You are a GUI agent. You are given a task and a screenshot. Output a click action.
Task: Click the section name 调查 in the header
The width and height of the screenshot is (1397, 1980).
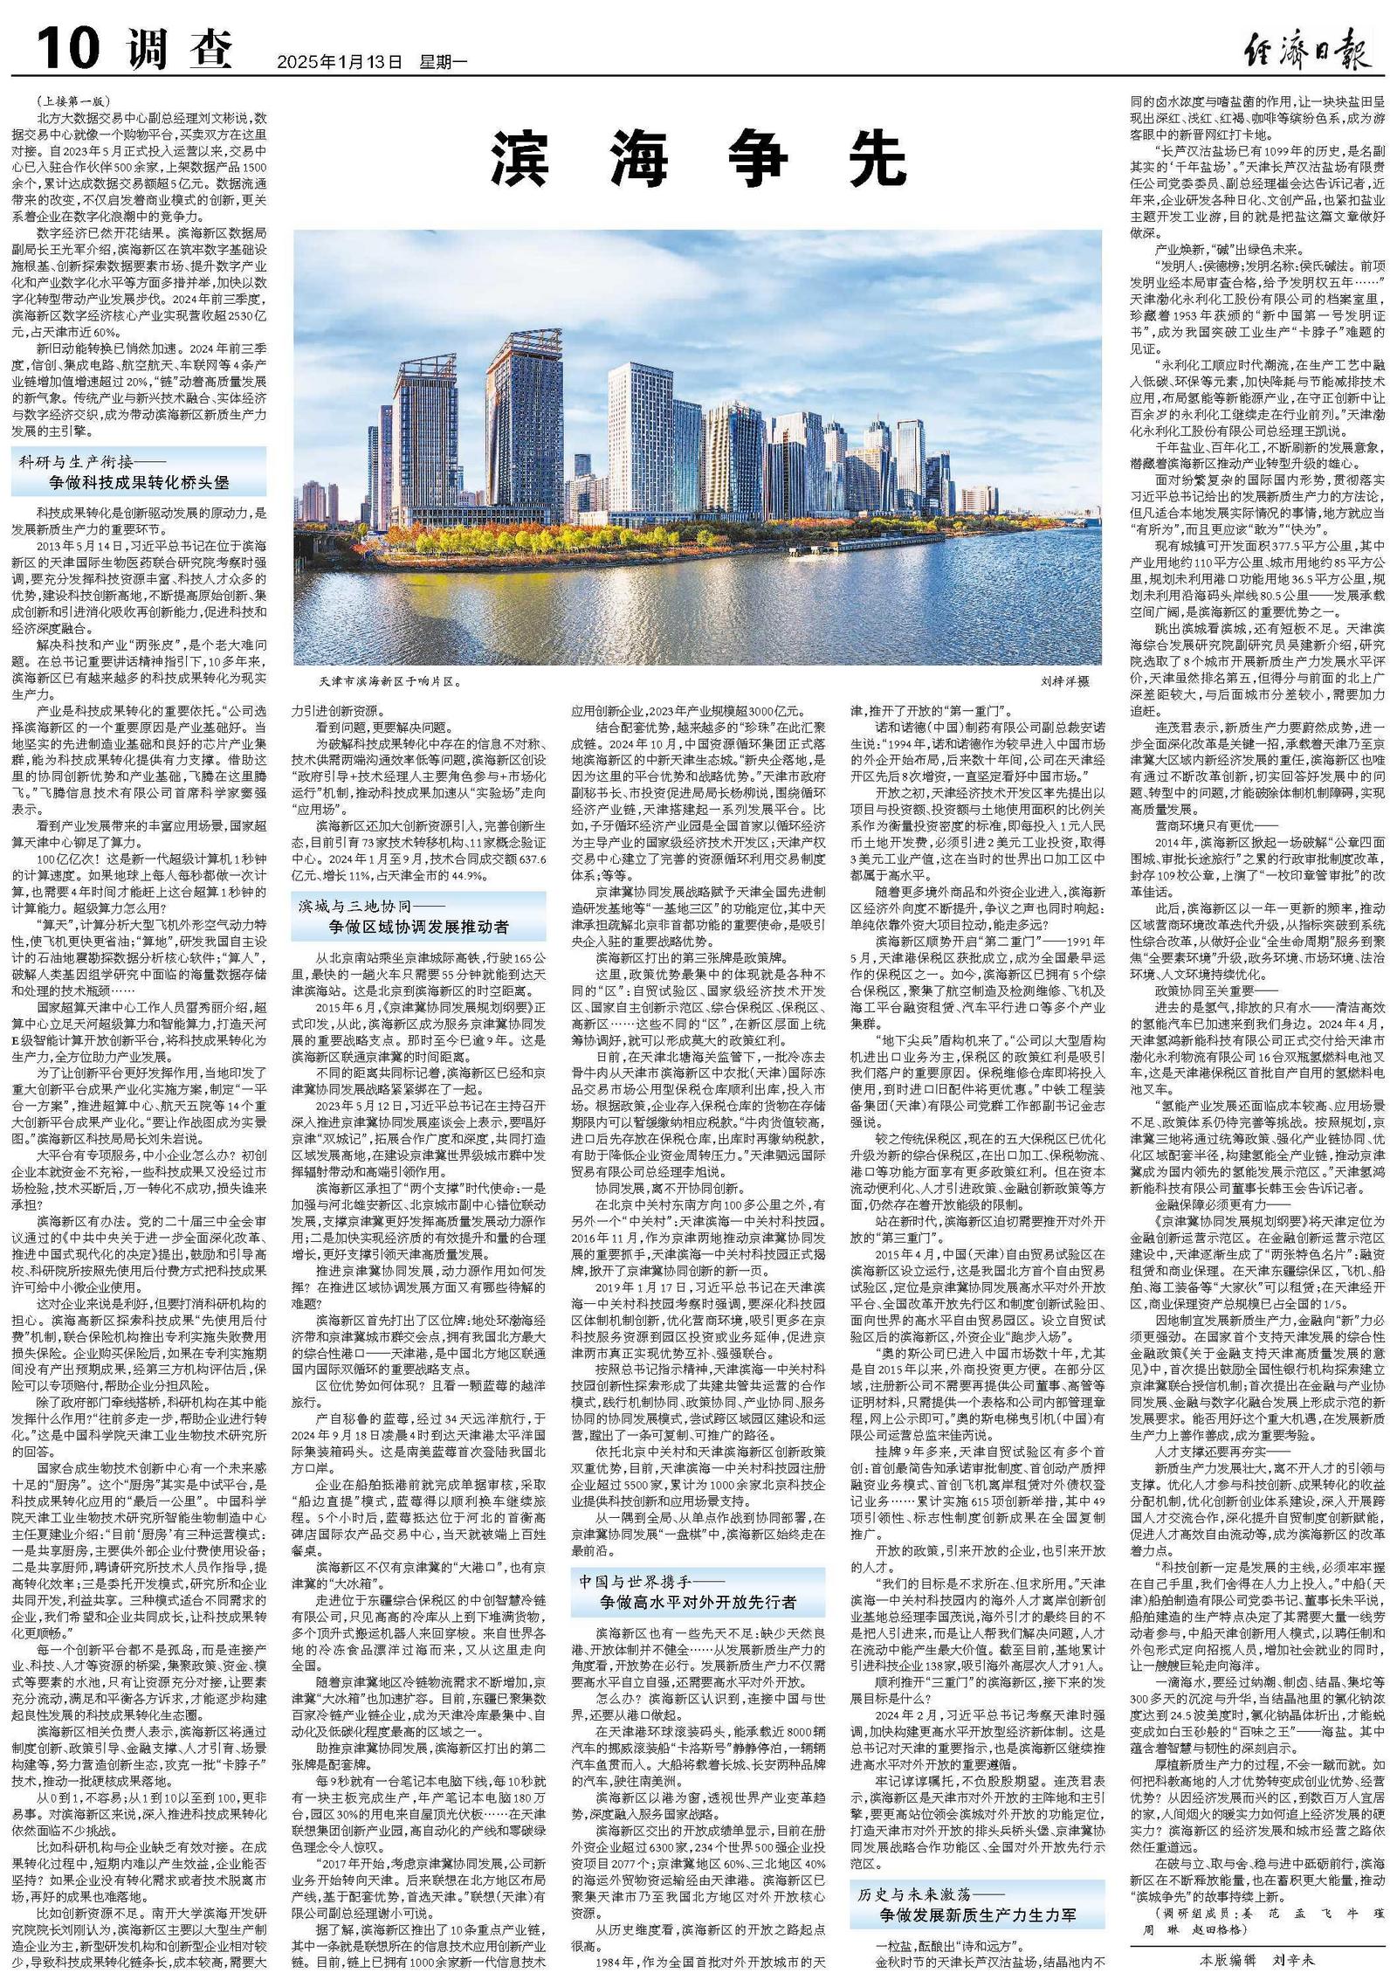tap(180, 50)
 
